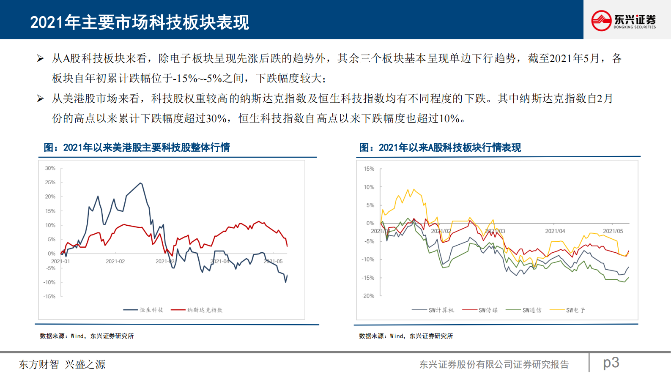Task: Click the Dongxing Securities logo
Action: click(x=623, y=20)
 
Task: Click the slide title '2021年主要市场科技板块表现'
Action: click(x=140, y=22)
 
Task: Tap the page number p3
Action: click(x=611, y=363)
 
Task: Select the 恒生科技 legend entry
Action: click(x=144, y=310)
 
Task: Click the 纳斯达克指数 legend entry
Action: click(x=197, y=310)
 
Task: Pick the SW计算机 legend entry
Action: click(x=433, y=310)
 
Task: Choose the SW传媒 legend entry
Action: click(x=480, y=310)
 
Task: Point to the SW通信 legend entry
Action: click(x=524, y=310)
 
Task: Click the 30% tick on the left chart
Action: click(x=50, y=168)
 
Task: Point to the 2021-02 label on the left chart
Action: click(x=115, y=262)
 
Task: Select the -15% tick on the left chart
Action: click(x=49, y=297)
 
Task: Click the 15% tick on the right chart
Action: click(x=369, y=169)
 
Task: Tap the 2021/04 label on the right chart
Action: click(x=555, y=231)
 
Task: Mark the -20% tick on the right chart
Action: click(x=368, y=296)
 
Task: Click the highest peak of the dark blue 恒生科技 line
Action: click(x=141, y=183)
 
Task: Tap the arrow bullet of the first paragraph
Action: click(x=41, y=58)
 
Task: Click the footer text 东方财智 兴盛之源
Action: click(x=62, y=364)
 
